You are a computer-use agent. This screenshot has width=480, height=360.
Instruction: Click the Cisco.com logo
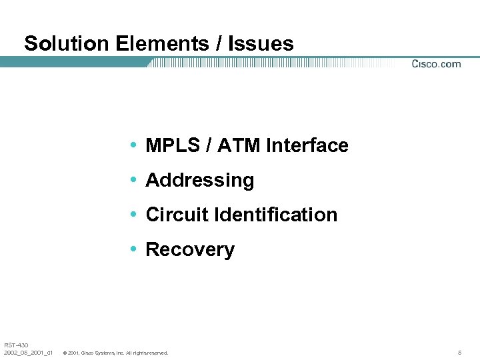pyautogui.click(x=436, y=64)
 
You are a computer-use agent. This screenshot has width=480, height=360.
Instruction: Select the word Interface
pyautogui.click(x=307, y=145)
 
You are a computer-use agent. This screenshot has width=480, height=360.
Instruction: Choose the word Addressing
pyautogui.click(x=199, y=180)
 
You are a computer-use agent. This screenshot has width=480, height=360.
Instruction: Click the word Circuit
pyautogui.click(x=175, y=215)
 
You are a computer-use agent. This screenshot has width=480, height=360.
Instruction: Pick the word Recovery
pyautogui.click(x=190, y=249)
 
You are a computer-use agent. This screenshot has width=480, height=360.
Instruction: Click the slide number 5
pyautogui.click(x=459, y=352)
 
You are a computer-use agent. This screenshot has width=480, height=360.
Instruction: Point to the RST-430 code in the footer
pyautogui.click(x=16, y=345)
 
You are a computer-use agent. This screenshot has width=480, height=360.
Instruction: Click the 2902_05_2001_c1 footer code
pyautogui.click(x=29, y=352)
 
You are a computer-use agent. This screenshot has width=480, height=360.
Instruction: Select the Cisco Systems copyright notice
pyautogui.click(x=115, y=353)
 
